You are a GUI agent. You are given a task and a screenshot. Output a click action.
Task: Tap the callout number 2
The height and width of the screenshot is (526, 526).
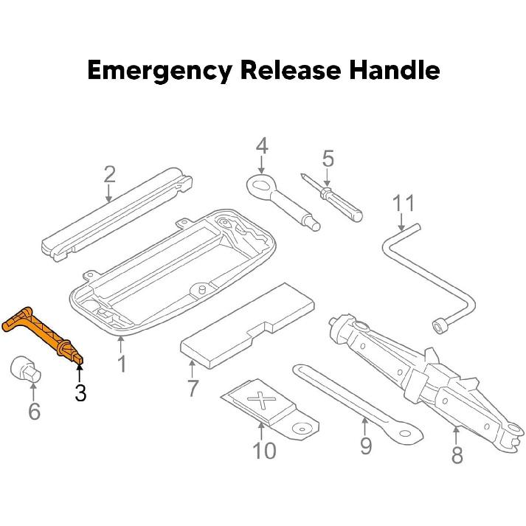pos(109,174)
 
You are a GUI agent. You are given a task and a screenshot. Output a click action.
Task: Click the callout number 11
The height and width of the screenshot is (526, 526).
pos(404,202)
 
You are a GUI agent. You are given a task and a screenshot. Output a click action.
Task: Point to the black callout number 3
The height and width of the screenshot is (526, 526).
pos(80,393)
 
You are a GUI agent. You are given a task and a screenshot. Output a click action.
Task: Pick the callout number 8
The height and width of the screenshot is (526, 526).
pos(457,455)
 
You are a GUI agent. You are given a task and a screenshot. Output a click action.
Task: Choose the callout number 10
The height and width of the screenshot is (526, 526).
pos(263,449)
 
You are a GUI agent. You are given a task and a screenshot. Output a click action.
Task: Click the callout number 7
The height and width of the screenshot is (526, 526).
pos(193,387)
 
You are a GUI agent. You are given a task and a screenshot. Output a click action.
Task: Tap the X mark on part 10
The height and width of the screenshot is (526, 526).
pos(260,403)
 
